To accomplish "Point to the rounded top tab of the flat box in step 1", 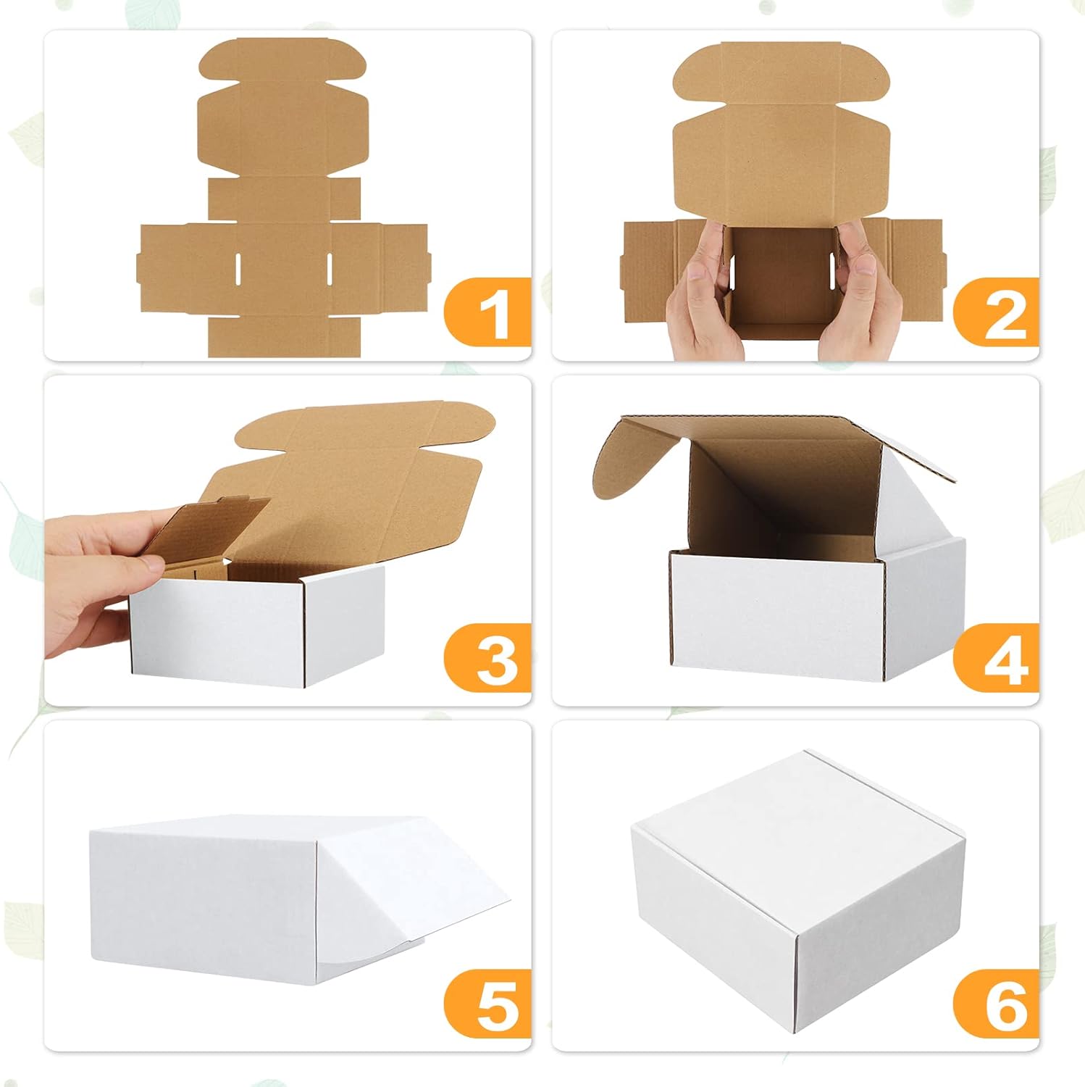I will click(282, 62).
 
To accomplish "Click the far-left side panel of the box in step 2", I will click(648, 270).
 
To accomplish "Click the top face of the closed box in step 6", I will click(797, 819).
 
